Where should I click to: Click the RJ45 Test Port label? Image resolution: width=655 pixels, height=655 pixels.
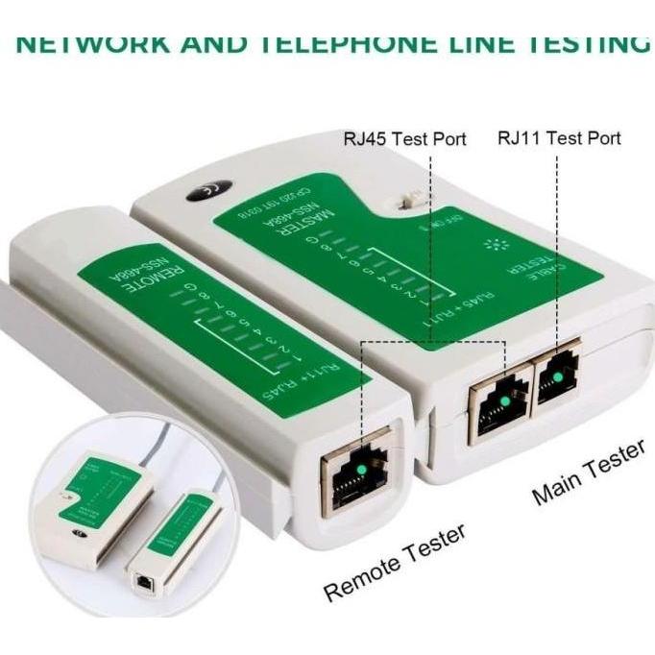[x=404, y=139]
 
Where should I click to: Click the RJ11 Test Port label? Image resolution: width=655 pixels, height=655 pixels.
[x=559, y=137]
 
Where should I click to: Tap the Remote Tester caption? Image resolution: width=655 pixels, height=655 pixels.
[x=395, y=563]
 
